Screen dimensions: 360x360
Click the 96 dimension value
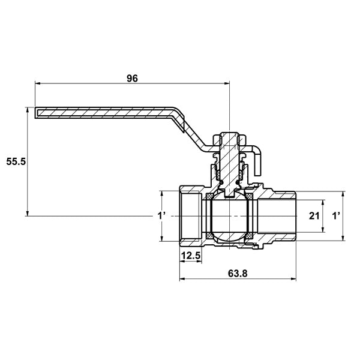pyautogui.click(x=133, y=79)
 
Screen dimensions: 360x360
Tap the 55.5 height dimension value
pyautogui.click(x=16, y=162)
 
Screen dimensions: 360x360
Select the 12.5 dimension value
pyautogui.click(x=191, y=256)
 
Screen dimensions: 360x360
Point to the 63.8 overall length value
pyautogui.click(x=238, y=274)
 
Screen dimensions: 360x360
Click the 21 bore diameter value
pyautogui.click(x=314, y=216)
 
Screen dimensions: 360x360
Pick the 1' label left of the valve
pyautogui.click(x=161, y=216)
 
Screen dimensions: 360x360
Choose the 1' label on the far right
pyautogui.click(x=336, y=216)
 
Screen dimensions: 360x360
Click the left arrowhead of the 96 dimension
pyautogui.click(x=38, y=83)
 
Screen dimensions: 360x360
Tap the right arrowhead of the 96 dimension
pyautogui.click(x=227, y=83)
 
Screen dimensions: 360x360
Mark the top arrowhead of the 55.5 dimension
pyautogui.click(x=28, y=110)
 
